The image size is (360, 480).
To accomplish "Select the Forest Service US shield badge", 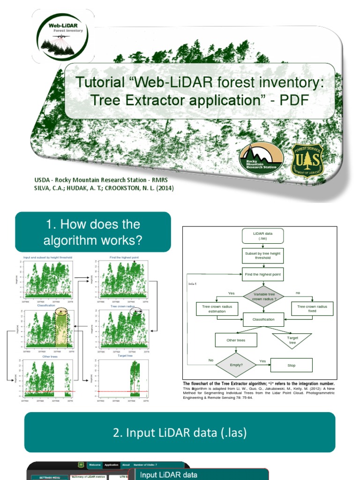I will [x=307, y=160].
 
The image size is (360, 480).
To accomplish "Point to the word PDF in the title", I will [x=292, y=101].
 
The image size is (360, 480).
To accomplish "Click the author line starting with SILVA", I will [x=104, y=188].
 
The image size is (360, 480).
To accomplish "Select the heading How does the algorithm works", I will [x=93, y=232].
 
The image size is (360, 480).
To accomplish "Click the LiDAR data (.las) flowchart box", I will [x=262, y=236].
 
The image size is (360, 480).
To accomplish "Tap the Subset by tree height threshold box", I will [x=262, y=255].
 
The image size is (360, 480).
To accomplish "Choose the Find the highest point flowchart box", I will [x=262, y=274].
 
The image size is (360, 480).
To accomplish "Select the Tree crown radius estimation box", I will [x=217, y=308].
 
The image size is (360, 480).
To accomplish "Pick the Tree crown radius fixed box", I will [x=312, y=308].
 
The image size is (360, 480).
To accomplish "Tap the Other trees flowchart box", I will [x=235, y=340].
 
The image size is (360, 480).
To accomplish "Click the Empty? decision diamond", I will [x=236, y=365].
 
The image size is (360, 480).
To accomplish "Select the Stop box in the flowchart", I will [x=292, y=365].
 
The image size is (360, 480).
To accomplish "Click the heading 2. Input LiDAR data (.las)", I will [x=180, y=432].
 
